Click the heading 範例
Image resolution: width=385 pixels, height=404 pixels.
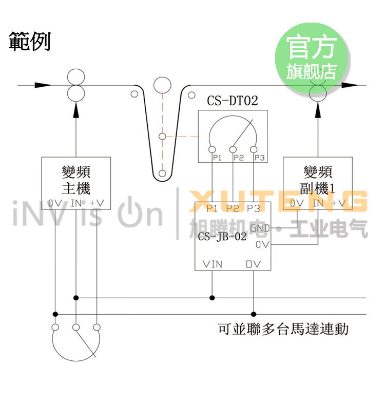30,43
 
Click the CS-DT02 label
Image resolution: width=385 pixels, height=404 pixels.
232,100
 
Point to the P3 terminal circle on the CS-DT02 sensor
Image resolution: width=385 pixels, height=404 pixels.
254,149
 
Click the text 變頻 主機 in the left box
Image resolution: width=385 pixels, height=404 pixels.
75,179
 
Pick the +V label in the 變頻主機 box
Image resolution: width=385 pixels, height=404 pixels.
97,203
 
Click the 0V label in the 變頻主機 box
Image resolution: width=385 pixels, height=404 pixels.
55,203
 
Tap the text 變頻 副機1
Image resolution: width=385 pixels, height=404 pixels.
318,179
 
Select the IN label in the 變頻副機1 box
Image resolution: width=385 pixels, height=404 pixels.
318,203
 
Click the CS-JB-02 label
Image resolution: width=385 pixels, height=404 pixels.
222,237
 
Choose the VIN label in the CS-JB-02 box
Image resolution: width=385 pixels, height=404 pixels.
213,264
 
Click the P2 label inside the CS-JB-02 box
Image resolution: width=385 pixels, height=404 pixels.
233,208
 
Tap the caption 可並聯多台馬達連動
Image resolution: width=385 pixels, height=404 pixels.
283,329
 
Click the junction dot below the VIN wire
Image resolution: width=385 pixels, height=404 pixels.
212,297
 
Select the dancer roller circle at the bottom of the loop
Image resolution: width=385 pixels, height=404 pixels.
162,172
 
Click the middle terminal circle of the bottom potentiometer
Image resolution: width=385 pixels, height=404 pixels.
76,327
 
